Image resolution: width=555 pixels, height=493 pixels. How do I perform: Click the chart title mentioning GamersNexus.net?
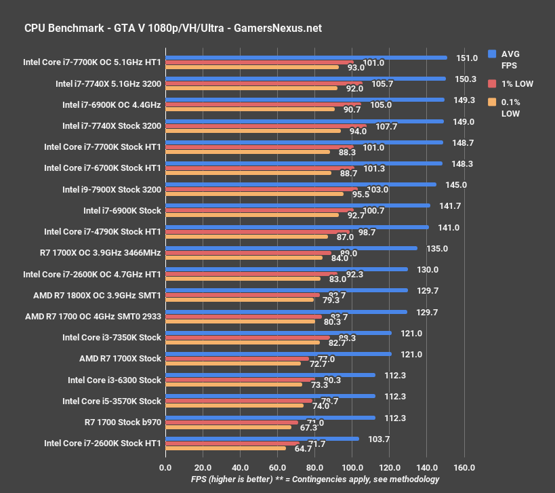[x=173, y=28]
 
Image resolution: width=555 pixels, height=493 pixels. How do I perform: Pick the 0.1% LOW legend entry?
[x=510, y=108]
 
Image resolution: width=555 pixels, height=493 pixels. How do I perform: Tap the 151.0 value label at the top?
[x=467, y=58]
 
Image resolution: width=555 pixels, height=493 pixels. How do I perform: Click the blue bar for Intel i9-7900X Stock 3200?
[x=300, y=184]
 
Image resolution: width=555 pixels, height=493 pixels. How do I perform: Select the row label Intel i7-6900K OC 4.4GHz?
[x=111, y=105]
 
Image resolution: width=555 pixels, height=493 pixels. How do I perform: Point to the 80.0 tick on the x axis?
[x=314, y=467]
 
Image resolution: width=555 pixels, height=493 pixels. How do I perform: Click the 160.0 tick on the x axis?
[x=464, y=467]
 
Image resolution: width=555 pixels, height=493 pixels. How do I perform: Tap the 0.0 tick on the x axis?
[x=165, y=467]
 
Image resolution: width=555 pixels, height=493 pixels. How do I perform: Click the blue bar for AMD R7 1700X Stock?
[x=278, y=353]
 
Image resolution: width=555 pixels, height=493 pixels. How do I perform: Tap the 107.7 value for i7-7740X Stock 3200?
[x=385, y=126]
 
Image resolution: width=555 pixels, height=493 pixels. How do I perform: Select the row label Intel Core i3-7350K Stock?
[x=111, y=338]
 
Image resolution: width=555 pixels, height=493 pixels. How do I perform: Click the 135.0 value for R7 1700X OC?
[x=436, y=249]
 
